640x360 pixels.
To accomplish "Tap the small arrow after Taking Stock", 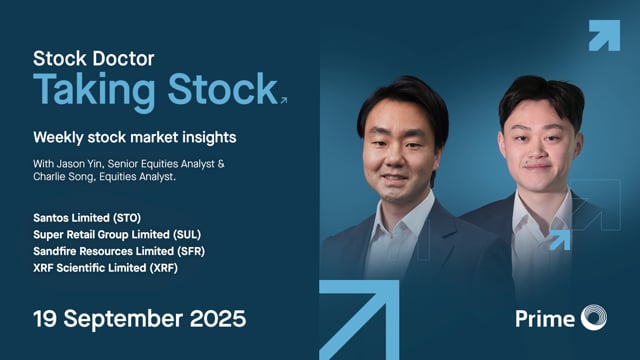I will click(x=284, y=99).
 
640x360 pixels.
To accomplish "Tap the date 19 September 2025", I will click(x=139, y=320).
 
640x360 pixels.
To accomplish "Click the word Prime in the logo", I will click(x=544, y=319).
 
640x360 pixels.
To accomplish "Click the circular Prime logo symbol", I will click(x=592, y=319).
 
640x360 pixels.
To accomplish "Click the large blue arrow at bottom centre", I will click(x=360, y=320).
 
